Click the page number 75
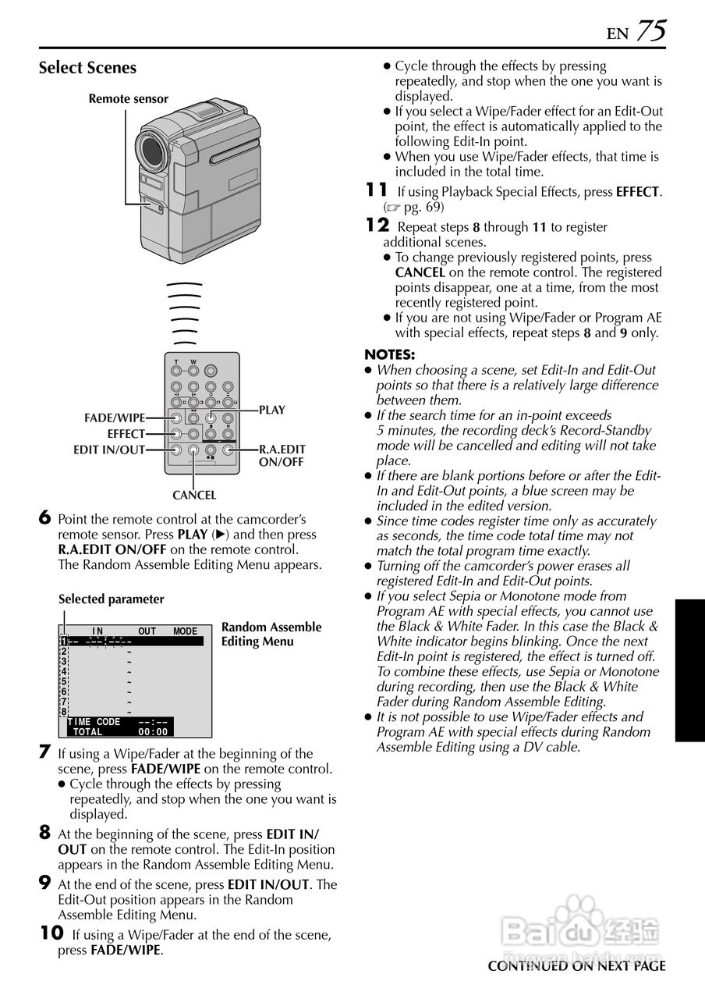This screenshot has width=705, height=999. tap(650, 30)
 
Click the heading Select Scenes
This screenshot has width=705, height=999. tap(87, 68)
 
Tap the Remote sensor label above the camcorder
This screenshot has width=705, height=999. tap(128, 99)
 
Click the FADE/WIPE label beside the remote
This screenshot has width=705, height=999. tap(115, 418)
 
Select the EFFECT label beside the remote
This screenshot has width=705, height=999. tap(126, 434)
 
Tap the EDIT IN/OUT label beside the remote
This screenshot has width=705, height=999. tap(109, 450)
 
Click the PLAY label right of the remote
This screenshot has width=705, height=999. tap(272, 411)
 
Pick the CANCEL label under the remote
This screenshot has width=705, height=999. tap(194, 495)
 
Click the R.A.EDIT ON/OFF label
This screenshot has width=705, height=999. tap(282, 455)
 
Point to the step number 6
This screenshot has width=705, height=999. tap(44, 517)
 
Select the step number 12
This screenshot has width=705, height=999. tap(377, 226)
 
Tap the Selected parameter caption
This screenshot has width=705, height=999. tap(112, 599)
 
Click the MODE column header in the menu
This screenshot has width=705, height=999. tap(185, 631)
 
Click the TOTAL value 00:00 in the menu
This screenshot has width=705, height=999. tap(153, 732)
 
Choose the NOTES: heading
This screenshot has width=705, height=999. tap(390, 354)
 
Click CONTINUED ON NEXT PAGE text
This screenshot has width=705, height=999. tap(576, 966)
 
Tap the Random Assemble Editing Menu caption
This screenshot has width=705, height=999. tap(271, 634)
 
